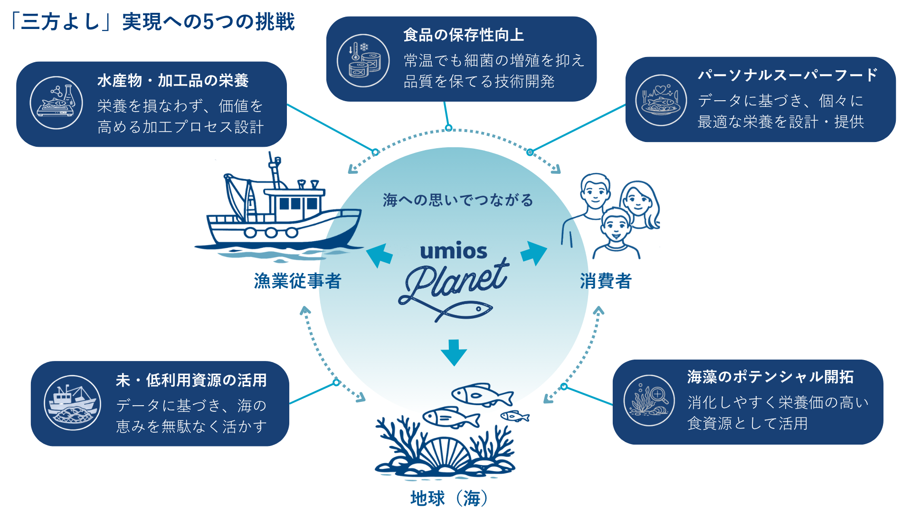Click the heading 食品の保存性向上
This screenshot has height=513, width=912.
point(463,35)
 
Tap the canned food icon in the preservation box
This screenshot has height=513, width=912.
point(363,61)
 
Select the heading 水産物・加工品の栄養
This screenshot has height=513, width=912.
point(173,81)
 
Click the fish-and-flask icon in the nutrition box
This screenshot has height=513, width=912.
point(57,103)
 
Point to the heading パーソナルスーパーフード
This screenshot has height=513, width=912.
point(787,75)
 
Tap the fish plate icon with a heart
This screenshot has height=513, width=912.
point(661,100)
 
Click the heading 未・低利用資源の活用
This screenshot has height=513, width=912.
point(191,380)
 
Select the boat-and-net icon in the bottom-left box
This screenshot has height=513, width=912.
point(72,403)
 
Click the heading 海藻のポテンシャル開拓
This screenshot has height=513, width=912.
point(770,377)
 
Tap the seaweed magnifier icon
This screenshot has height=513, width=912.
point(649,400)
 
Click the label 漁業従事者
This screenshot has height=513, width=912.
point(297,281)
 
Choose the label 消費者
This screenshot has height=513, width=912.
point(606,281)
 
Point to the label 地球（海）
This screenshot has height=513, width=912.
point(449,498)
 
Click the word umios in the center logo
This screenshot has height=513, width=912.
point(454,251)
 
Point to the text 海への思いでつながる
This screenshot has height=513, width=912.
point(458,200)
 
